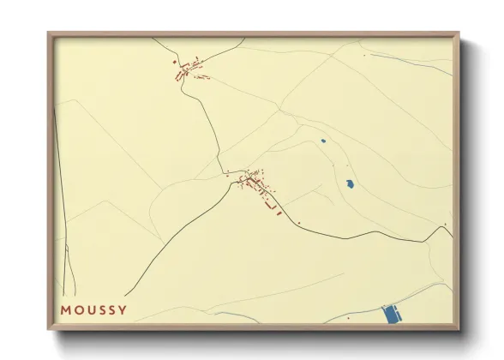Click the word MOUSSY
(x=93, y=309)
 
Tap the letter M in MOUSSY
(x=65, y=309)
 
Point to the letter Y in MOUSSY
(x=123, y=309)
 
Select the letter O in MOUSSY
(x=77, y=309)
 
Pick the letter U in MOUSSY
(x=89, y=309)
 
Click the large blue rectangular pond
(x=391, y=315)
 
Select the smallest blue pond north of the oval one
(x=323, y=141)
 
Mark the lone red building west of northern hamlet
(x=174, y=63)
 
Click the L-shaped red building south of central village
(x=273, y=206)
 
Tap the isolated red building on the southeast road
(x=300, y=224)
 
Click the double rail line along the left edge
(x=60, y=197)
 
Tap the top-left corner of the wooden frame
(x=48, y=33)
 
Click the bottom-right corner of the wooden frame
(x=459, y=331)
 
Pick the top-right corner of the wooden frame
(x=459, y=33)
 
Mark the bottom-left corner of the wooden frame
(x=48, y=331)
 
